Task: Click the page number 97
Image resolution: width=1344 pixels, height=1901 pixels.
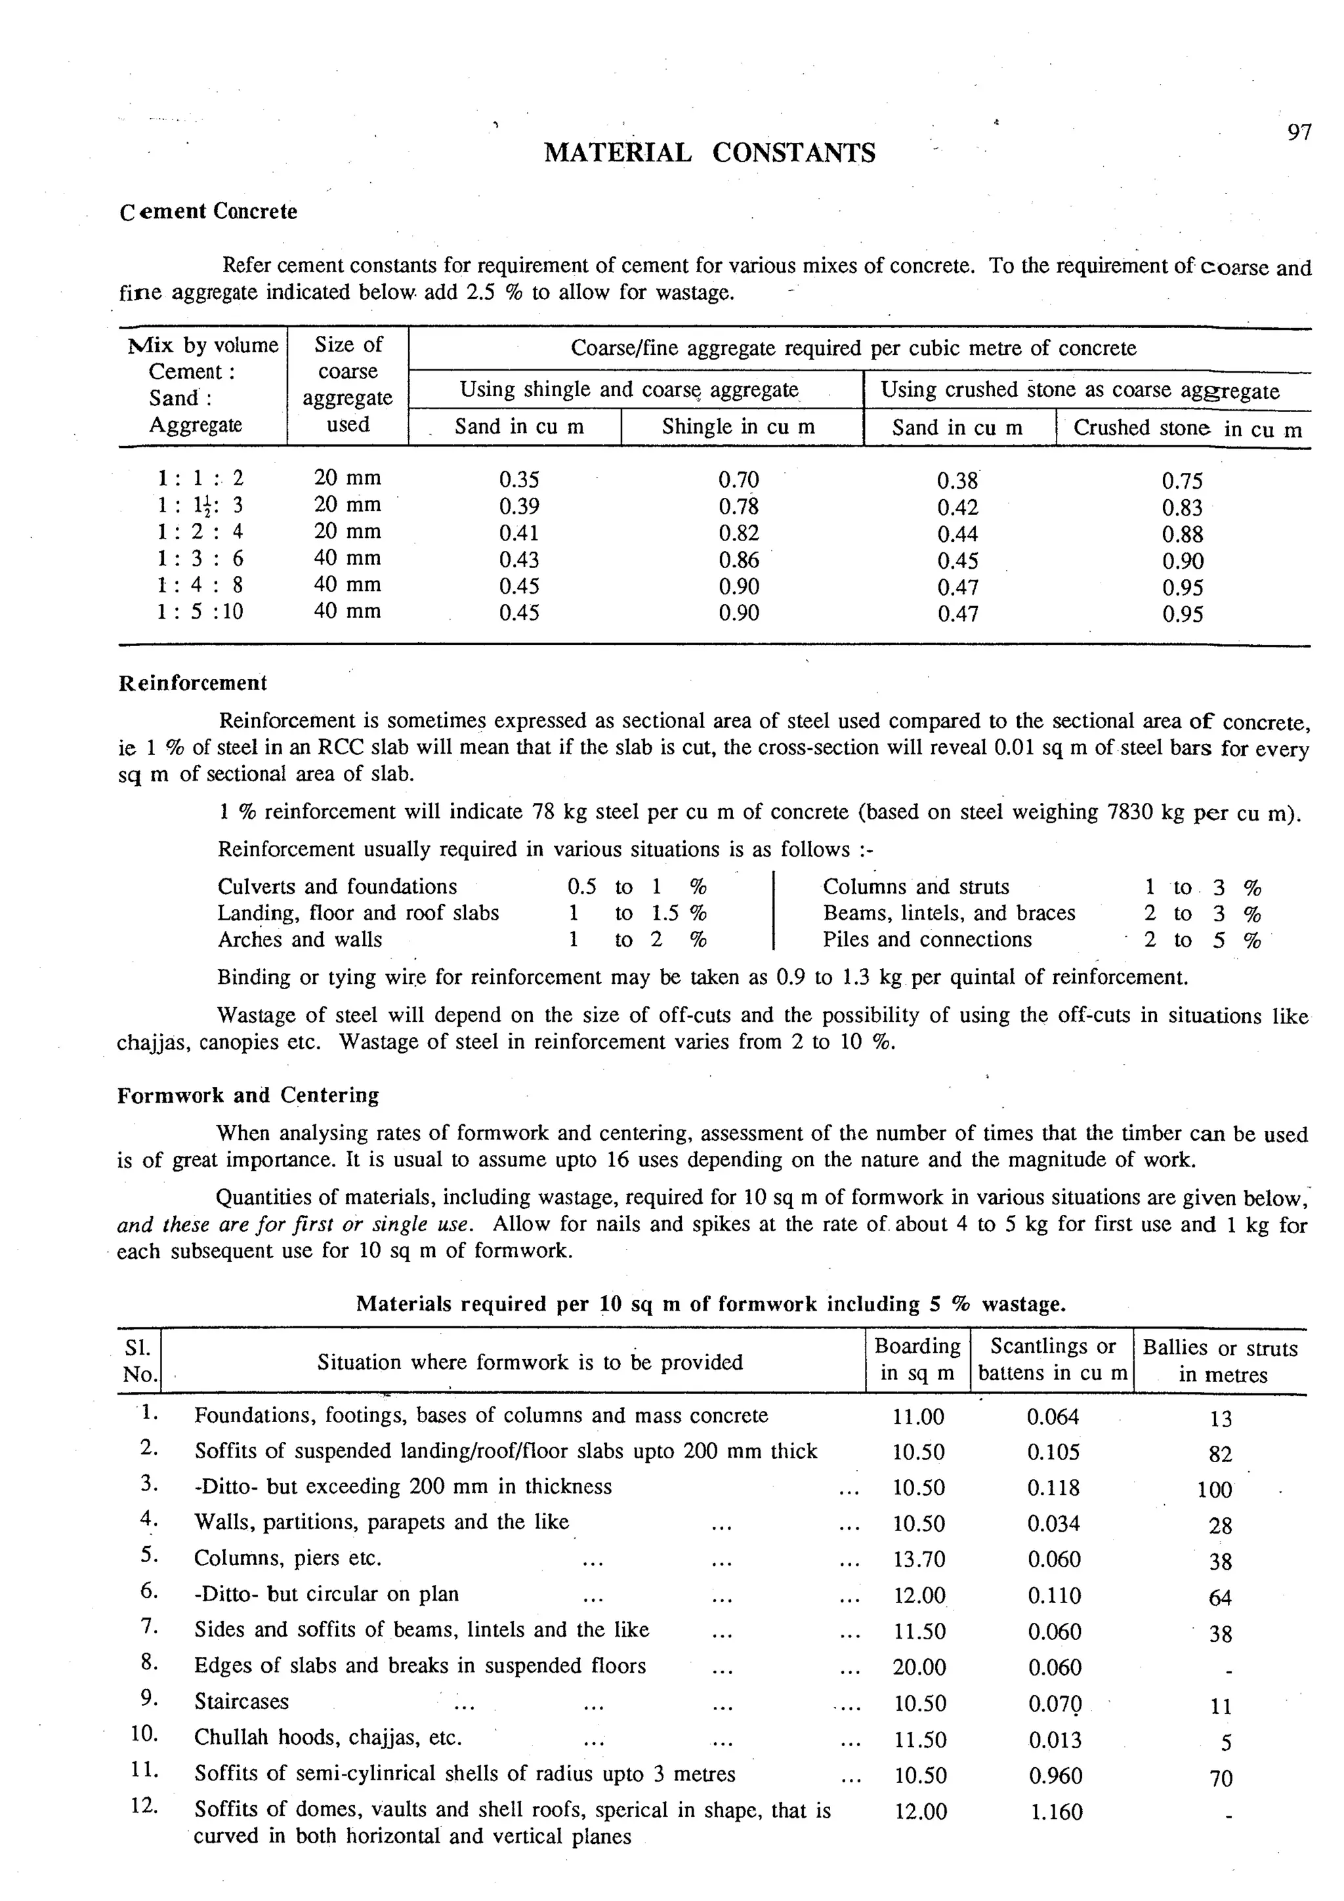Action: (x=1299, y=133)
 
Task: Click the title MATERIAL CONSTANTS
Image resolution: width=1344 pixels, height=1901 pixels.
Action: (x=709, y=153)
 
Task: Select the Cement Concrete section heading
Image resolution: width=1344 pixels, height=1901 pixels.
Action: (x=208, y=211)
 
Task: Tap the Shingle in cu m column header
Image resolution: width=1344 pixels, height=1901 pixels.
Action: (x=738, y=427)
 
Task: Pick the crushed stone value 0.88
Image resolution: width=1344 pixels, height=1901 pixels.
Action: (x=1182, y=535)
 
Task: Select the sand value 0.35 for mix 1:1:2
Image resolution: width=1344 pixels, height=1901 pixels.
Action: (x=519, y=480)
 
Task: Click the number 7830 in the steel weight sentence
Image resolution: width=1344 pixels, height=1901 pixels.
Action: (x=1131, y=812)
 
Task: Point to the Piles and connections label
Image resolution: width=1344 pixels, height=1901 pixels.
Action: (x=927, y=940)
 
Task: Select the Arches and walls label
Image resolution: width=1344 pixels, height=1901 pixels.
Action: (x=300, y=940)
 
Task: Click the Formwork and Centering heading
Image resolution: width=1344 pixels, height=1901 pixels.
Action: (x=247, y=1095)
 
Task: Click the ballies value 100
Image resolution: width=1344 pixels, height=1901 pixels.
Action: (x=1214, y=1490)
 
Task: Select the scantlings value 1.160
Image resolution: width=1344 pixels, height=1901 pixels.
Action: (x=1056, y=1812)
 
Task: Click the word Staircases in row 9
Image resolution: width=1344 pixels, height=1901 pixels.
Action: (x=241, y=1702)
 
